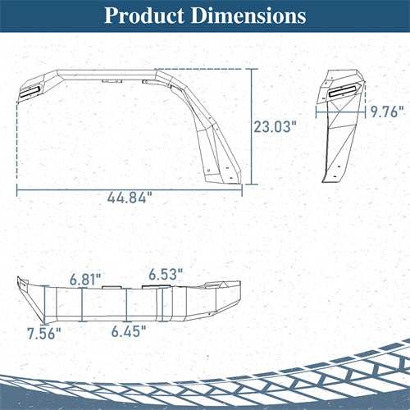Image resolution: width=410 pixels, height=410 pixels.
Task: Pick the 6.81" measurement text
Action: coord(85,280)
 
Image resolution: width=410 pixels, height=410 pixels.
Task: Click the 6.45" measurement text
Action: coord(129,331)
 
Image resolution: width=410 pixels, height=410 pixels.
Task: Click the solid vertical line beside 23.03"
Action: coord(251,127)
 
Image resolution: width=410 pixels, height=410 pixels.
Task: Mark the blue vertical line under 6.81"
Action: coord(82,304)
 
